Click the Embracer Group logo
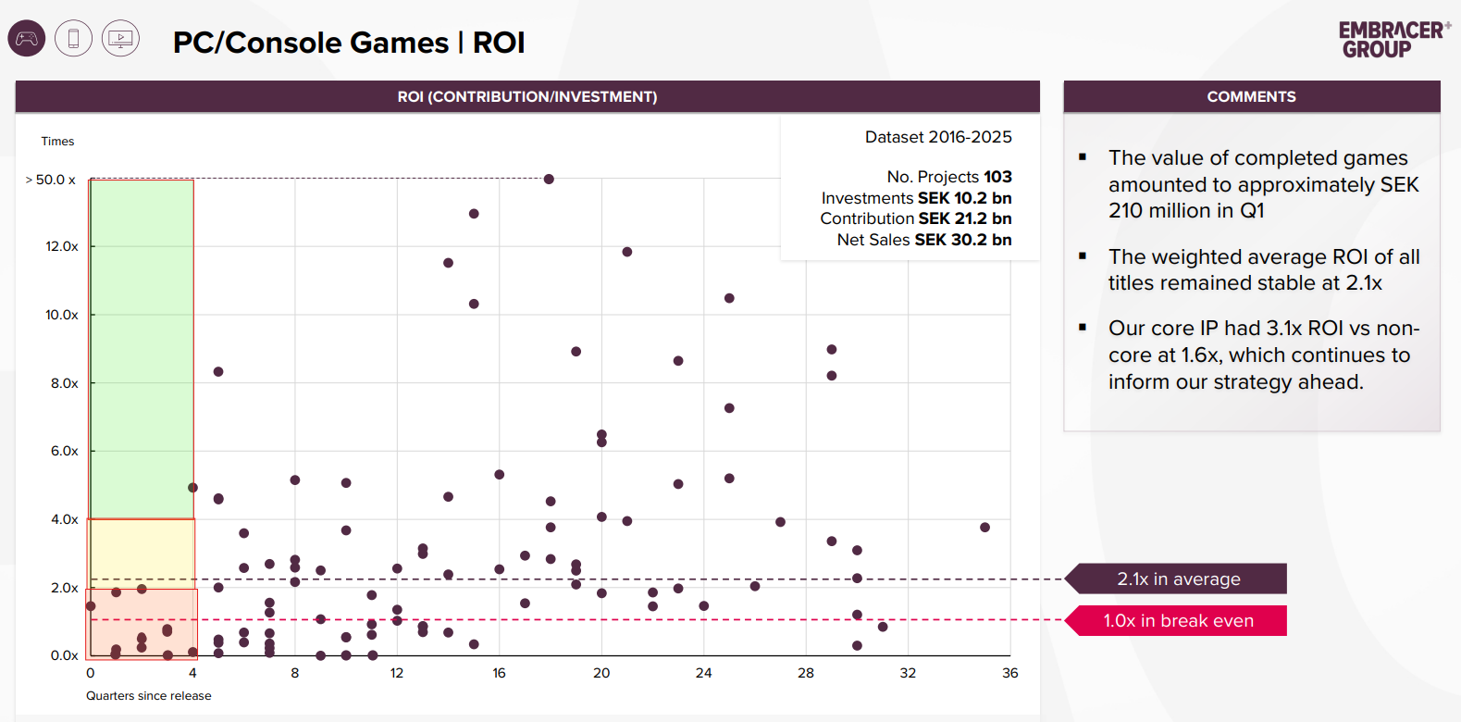point(1393,40)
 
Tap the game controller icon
point(27,39)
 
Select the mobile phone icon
point(74,39)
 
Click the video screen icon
point(120,39)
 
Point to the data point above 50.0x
point(549,179)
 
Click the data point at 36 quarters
point(984,528)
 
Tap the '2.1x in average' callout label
point(1178,579)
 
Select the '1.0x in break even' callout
point(1178,621)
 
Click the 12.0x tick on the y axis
point(62,246)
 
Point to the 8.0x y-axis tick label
point(64,383)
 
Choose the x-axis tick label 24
point(703,673)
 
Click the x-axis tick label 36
point(1009,673)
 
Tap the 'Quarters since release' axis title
point(148,696)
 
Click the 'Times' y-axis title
point(57,142)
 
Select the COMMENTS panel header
point(1251,96)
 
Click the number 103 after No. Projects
point(997,177)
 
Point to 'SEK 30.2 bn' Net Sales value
point(962,240)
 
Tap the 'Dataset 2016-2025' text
point(938,137)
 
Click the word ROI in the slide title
point(499,43)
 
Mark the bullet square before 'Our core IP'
point(1083,327)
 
